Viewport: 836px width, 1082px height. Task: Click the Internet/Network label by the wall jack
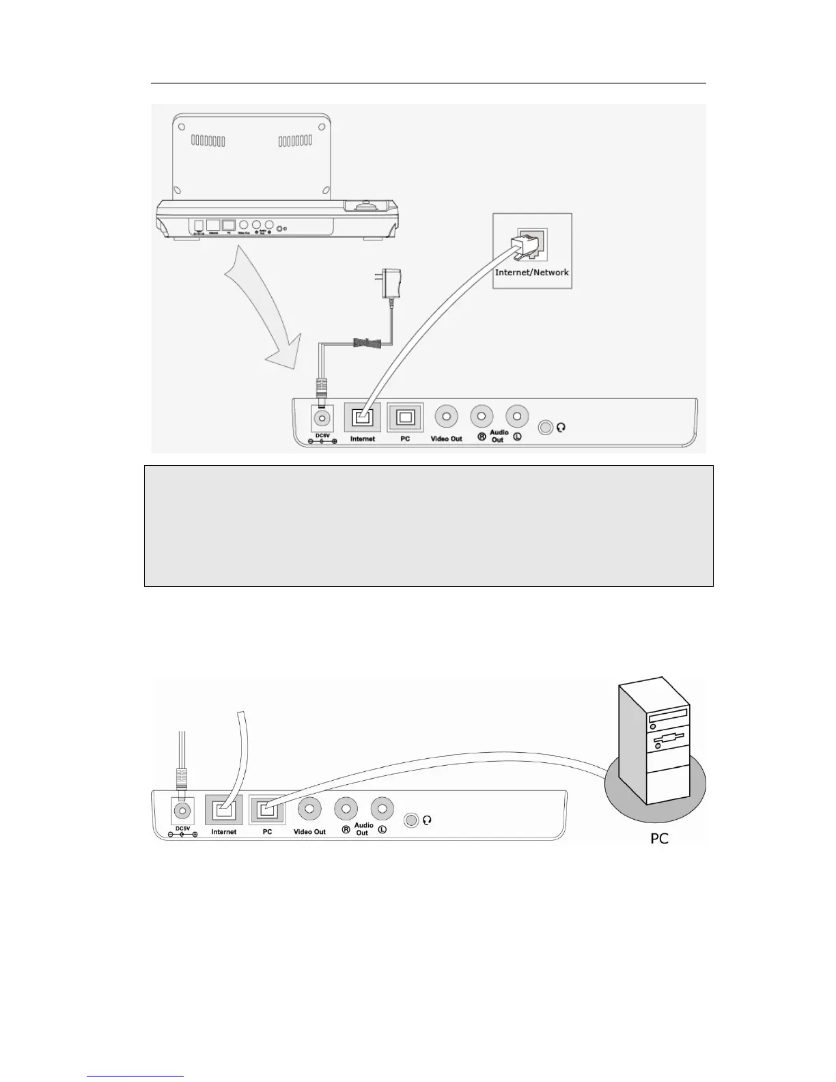tap(531, 272)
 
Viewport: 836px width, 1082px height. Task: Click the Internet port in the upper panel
tap(362, 417)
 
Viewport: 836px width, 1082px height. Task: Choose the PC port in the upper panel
tap(405, 417)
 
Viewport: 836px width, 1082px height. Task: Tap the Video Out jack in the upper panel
tap(447, 416)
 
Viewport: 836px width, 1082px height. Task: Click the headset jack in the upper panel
tap(545, 428)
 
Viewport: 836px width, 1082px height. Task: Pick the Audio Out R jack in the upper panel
tap(482, 416)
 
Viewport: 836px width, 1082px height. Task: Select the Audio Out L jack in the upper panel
tap(516, 416)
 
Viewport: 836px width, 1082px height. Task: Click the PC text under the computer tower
tap(659, 837)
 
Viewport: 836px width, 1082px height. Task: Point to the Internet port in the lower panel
tap(224, 810)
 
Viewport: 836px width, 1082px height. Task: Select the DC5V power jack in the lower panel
tap(182, 811)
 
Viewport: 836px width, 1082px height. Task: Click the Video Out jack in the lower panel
tap(309, 809)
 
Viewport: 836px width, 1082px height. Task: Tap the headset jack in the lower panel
tap(410, 820)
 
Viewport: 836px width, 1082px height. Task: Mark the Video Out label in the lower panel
tap(309, 832)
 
